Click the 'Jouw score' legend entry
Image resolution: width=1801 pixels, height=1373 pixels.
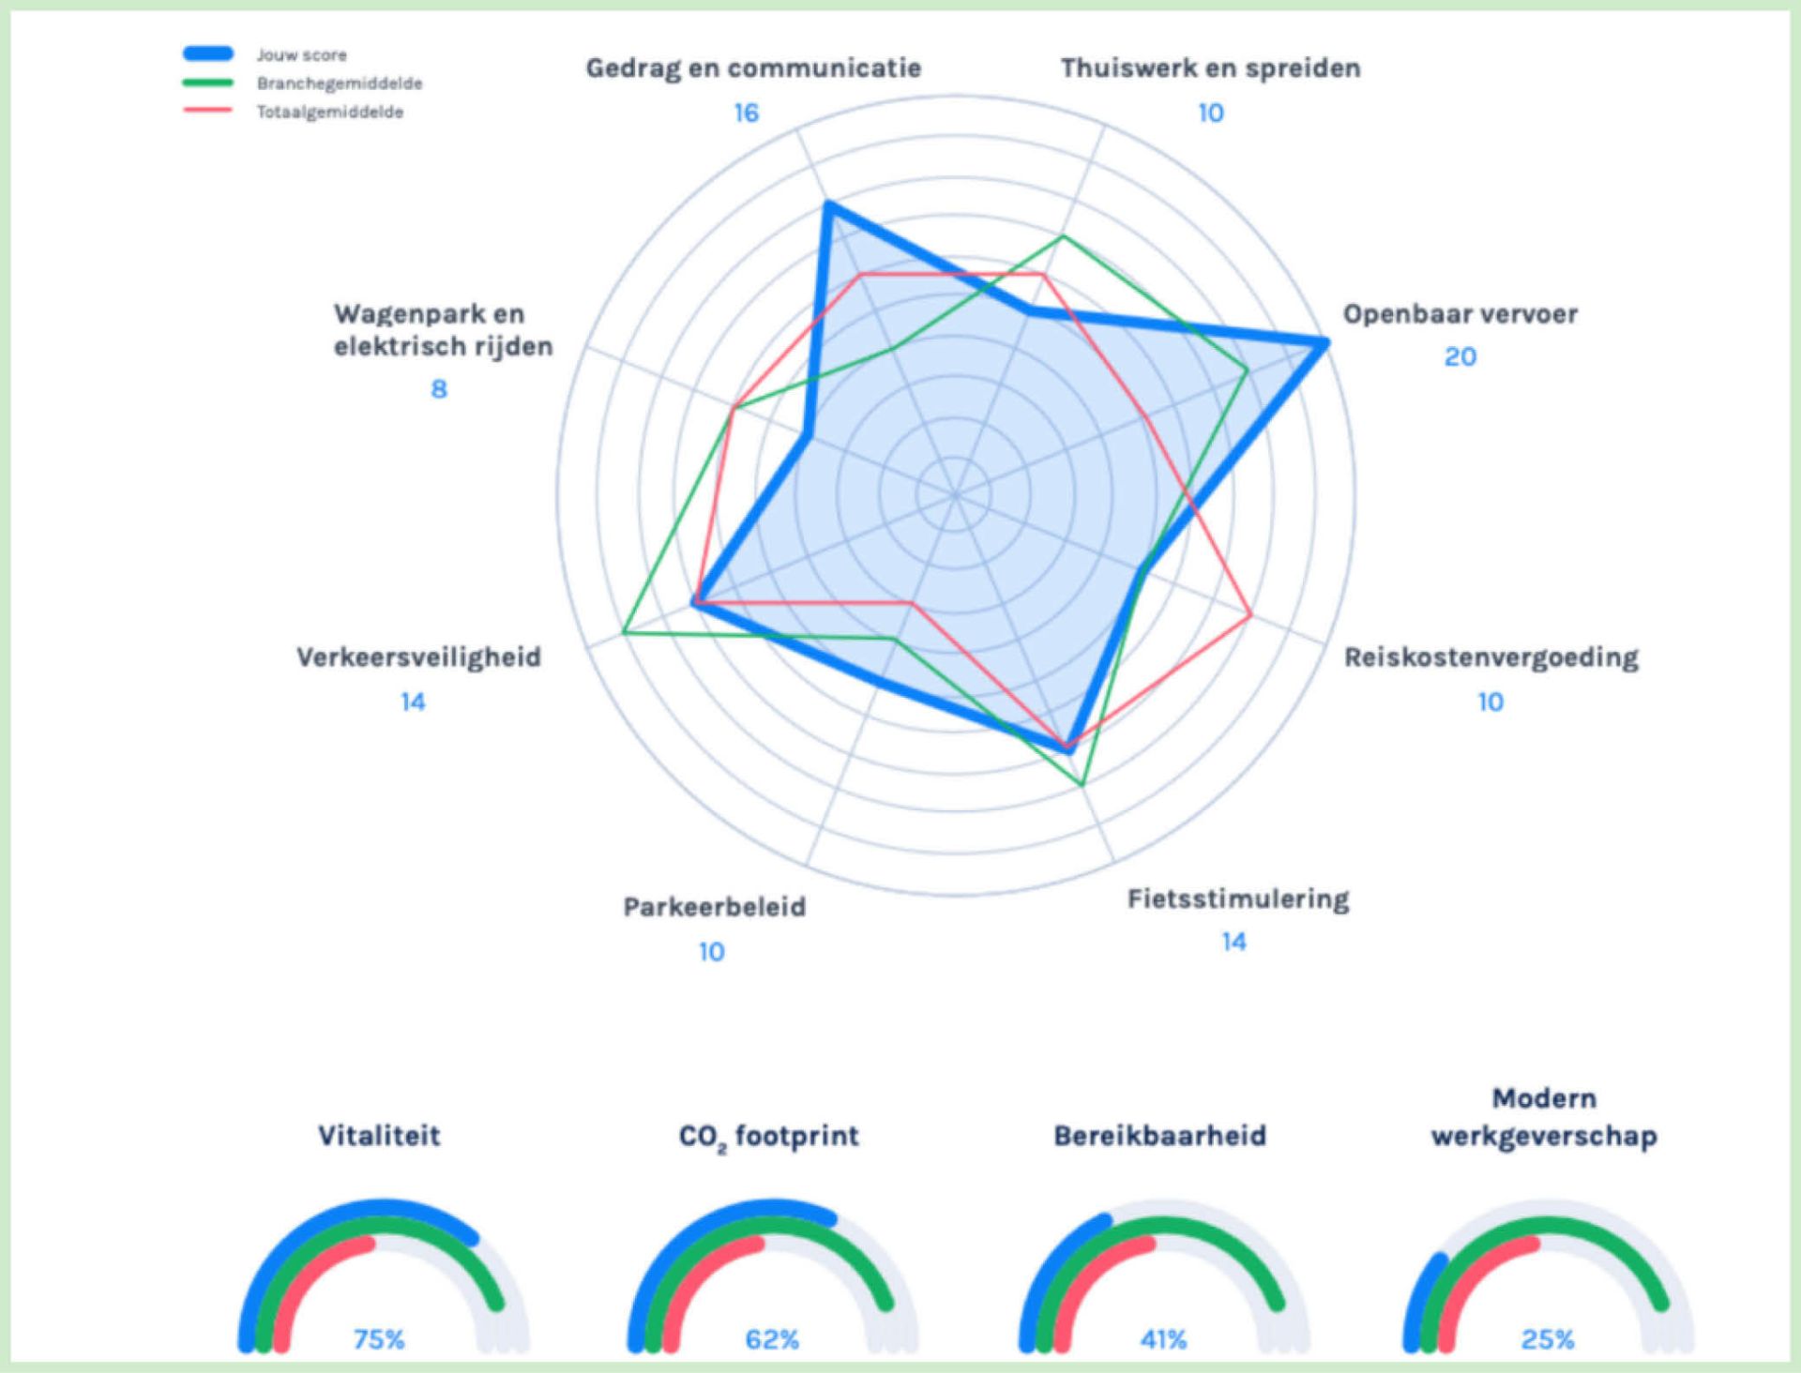[301, 55]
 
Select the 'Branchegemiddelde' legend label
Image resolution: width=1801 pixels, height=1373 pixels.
[339, 83]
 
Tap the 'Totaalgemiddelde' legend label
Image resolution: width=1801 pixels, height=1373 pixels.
[330, 112]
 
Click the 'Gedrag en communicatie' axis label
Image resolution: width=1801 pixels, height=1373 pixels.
[753, 68]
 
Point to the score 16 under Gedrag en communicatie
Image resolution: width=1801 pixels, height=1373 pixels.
[746, 113]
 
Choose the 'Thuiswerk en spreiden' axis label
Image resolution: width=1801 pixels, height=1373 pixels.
[1210, 68]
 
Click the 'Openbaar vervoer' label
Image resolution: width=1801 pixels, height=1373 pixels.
[1460, 314]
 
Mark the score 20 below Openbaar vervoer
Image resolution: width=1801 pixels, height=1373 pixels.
[1460, 357]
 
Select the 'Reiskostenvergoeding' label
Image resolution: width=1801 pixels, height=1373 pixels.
[1491, 657]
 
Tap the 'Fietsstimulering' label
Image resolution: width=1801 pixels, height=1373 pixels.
[1237, 899]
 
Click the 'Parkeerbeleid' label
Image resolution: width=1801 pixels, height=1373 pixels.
[714, 907]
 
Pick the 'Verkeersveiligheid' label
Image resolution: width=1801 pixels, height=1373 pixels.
[418, 657]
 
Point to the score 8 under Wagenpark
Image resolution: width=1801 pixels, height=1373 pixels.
[439, 389]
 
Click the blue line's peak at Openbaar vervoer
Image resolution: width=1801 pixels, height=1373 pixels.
[1324, 343]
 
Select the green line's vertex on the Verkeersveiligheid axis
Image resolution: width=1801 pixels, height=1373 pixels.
[624, 634]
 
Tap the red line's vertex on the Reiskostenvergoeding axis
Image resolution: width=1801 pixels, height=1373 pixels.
[1251, 615]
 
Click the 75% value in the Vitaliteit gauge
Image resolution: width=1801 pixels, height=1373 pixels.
[379, 1339]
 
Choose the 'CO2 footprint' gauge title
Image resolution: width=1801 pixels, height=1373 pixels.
[768, 1137]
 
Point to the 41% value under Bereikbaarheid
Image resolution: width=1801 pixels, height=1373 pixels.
[1163, 1339]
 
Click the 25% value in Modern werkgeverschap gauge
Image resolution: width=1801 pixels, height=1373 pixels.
[1548, 1339]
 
